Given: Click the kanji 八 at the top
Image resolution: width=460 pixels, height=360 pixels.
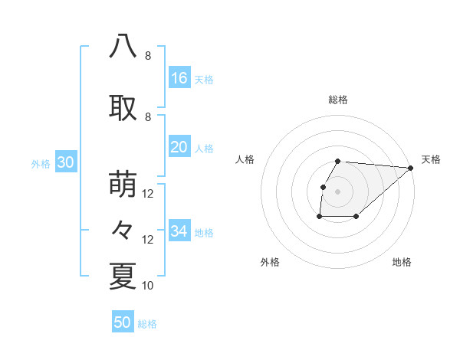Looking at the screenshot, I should pos(123,47).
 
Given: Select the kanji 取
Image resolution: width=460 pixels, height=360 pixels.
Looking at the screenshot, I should pos(123,108).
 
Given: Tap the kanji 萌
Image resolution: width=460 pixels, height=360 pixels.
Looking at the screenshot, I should pos(123,185).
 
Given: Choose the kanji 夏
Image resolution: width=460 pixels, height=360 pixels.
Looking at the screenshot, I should pos(123,277).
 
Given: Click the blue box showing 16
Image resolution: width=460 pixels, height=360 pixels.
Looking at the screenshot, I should pos(179,78).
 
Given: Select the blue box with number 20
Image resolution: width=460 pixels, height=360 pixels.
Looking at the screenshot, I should pos(179,147).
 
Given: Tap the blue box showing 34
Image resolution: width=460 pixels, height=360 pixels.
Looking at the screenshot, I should pos(179,231).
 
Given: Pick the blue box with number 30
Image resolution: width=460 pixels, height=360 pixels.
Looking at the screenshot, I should pos(65,162).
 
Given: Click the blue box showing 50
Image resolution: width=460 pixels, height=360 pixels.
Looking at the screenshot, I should pos(123,322).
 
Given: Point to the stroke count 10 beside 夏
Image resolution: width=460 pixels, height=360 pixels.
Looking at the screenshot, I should pos(148,286).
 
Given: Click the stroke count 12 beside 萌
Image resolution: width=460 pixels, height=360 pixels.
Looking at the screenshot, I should pos(148,194).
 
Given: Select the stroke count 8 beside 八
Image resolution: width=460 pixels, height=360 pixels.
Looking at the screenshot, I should pos(147,56).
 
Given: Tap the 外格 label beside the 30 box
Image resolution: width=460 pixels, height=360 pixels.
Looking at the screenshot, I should pos(41,164).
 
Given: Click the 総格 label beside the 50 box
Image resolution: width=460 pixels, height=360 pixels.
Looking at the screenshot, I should pos(147,324).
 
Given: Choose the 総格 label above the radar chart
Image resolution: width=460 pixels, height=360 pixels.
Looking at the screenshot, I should pos(338,100).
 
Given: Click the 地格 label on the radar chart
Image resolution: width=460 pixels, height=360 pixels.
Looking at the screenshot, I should pos(402,262).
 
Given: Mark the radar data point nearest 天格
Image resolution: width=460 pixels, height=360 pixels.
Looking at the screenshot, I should pos(411,168).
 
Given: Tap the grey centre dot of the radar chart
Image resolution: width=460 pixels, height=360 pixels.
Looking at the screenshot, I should pos(338,191).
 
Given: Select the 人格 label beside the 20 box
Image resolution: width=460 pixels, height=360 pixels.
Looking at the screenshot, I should pos(204,149).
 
